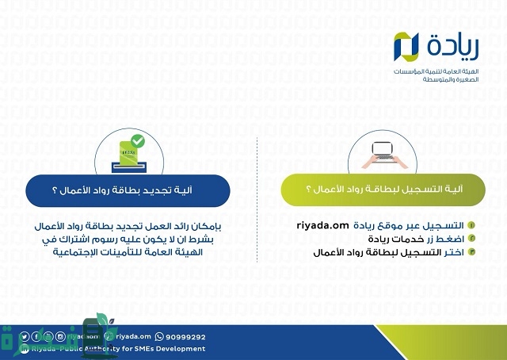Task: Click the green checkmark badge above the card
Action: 138,140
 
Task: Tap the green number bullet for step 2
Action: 473,239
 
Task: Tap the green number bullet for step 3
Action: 473,252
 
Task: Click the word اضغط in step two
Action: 452,239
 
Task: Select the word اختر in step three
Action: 455,252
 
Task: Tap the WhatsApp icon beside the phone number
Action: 160,336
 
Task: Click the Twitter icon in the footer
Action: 25,336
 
